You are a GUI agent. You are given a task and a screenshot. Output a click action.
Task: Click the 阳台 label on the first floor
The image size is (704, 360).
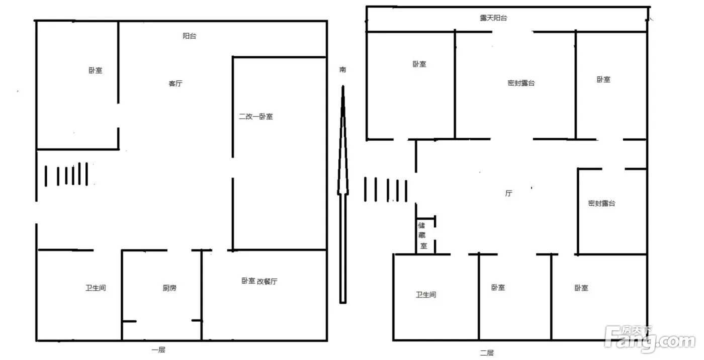click(x=190, y=36)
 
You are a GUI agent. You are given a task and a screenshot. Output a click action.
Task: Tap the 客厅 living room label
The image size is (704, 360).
click(x=175, y=83)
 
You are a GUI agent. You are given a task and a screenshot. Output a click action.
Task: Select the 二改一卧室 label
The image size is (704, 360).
click(x=256, y=117)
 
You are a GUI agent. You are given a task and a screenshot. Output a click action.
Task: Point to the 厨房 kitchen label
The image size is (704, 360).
click(x=169, y=288)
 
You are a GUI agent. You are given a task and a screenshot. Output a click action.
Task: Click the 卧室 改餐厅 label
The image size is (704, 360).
click(x=259, y=281)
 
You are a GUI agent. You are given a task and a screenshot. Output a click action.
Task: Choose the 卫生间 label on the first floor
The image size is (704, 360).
click(x=96, y=288)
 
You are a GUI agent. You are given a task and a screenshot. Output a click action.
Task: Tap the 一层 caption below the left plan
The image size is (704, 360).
click(x=158, y=349)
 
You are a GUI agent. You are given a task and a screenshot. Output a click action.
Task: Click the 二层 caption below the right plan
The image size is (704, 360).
click(x=487, y=353)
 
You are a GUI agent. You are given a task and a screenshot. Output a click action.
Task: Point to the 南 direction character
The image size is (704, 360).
click(x=343, y=69)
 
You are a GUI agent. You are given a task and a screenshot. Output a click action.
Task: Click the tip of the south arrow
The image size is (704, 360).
click(x=343, y=85)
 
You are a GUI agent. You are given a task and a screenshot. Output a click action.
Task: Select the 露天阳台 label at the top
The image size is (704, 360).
click(x=493, y=18)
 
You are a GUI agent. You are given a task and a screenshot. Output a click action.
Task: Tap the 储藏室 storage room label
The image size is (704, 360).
click(x=422, y=236)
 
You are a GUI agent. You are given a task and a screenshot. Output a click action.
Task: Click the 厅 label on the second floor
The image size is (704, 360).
click(x=509, y=193)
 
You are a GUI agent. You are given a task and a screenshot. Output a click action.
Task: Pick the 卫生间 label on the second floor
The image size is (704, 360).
click(x=426, y=295)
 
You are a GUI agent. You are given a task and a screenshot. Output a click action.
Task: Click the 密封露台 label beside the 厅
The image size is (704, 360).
click(x=601, y=203)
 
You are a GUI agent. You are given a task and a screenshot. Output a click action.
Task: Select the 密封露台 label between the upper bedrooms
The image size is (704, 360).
click(x=521, y=83)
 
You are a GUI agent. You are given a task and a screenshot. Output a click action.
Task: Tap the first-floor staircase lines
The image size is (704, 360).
click(x=66, y=174)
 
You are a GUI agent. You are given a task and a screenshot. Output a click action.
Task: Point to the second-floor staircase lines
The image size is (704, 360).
click(x=386, y=190)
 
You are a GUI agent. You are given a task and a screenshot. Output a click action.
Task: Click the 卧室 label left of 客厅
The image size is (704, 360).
click(x=95, y=70)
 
